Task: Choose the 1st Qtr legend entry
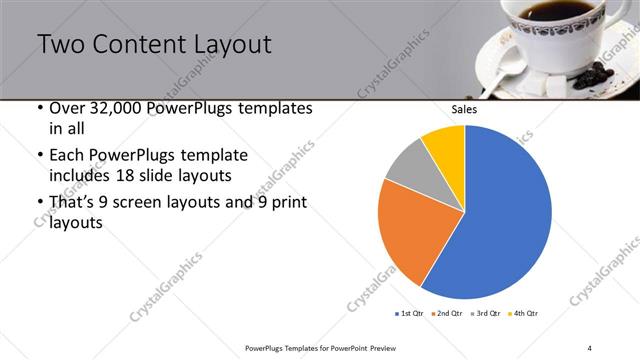tap(410, 314)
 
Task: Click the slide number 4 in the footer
tap(590, 347)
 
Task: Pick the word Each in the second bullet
tap(68, 156)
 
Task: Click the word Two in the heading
tap(62, 45)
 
